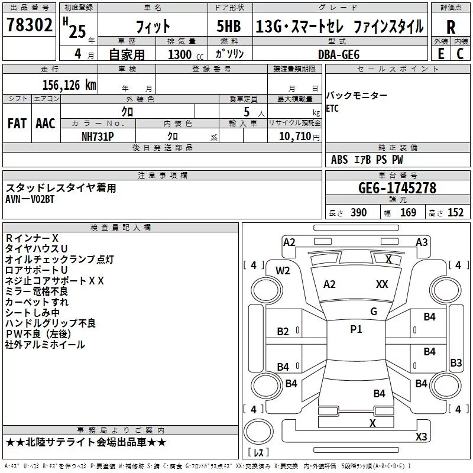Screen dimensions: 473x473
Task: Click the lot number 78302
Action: tap(29, 25)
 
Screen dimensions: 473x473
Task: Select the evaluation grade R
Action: tap(451, 27)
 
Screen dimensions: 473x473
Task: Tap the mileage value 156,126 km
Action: tap(69, 85)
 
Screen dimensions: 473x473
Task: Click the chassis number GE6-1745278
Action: tap(397, 188)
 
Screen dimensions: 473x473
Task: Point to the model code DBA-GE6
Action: tap(339, 54)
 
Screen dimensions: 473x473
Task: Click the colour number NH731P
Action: tap(98, 137)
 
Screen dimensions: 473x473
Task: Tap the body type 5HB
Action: tap(229, 26)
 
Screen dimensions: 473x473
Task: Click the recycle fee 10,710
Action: tap(294, 136)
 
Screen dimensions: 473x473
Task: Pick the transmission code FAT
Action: tap(17, 124)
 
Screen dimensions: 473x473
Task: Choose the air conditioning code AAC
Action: tap(46, 124)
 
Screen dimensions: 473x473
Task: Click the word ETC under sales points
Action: tap(332, 108)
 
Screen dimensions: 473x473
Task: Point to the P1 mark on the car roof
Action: tap(356, 329)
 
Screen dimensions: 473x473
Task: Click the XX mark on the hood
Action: tap(382, 284)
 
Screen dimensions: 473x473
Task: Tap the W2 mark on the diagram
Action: tap(283, 271)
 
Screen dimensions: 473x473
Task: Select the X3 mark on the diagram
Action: tap(421, 436)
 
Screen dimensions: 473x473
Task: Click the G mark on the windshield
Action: tap(374, 312)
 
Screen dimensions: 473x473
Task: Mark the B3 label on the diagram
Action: tap(456, 362)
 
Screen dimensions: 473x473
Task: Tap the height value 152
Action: tap(455, 212)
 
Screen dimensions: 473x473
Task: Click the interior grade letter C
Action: tap(460, 54)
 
